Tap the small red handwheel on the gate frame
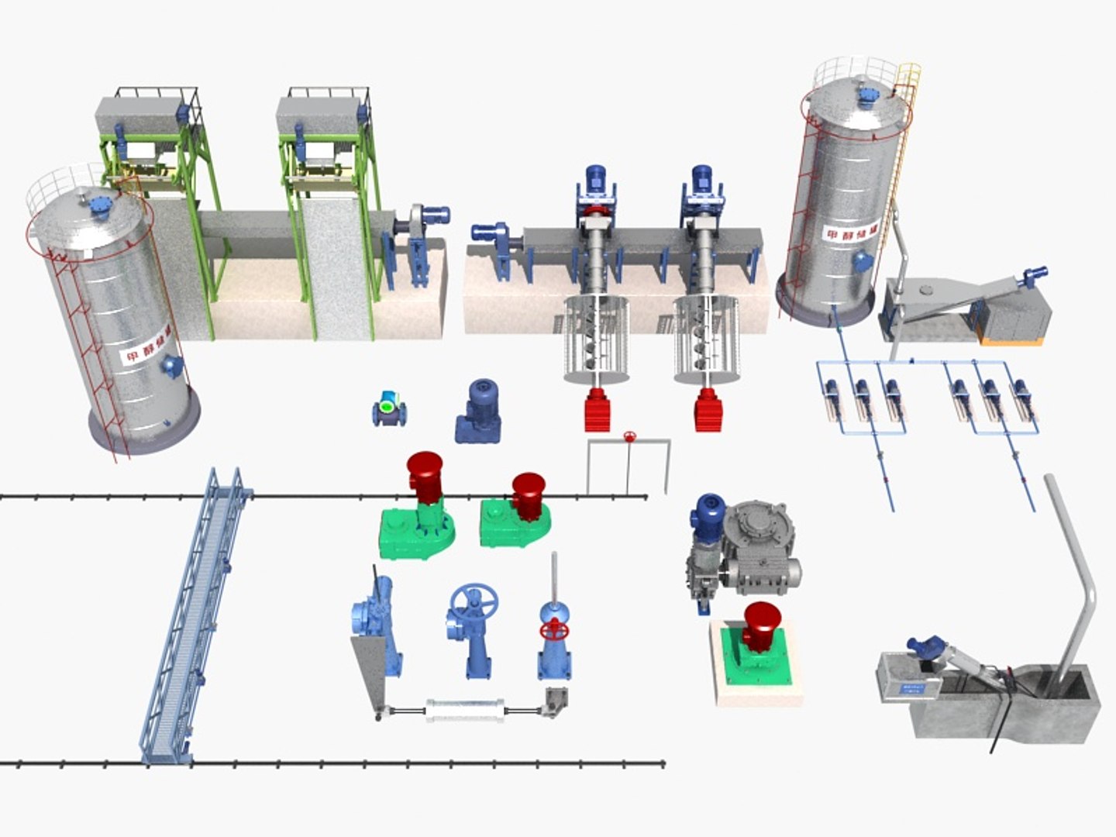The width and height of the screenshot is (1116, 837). (630, 437)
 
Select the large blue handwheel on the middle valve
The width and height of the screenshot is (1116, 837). (474, 601)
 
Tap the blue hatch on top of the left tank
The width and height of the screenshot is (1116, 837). (100, 205)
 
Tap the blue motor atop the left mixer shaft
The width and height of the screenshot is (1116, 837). (595, 181)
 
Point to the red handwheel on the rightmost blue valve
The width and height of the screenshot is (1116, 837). (553, 629)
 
